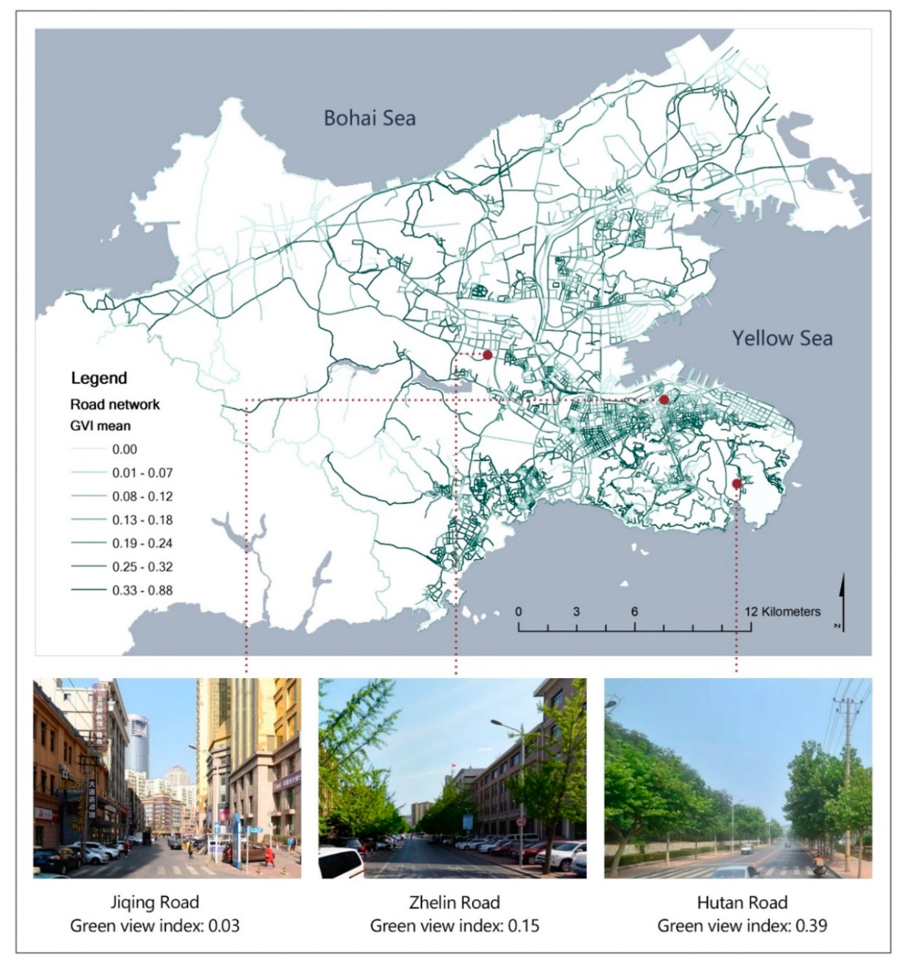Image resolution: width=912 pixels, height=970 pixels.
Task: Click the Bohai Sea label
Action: [370, 118]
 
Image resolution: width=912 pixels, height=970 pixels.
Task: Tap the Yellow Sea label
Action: [782, 338]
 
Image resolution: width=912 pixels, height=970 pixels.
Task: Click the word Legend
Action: [99, 378]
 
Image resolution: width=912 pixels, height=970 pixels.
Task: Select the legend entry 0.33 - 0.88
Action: [142, 590]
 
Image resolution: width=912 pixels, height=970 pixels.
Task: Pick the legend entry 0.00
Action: [124, 449]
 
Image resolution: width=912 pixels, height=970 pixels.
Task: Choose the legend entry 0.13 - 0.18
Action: [142, 520]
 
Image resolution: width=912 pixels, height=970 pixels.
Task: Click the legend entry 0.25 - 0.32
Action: [142, 567]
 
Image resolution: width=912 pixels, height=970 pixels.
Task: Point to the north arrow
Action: [843, 602]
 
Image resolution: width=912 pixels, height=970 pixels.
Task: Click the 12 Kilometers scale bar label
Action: [783, 611]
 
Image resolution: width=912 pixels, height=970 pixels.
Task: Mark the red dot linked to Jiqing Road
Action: [663, 400]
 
